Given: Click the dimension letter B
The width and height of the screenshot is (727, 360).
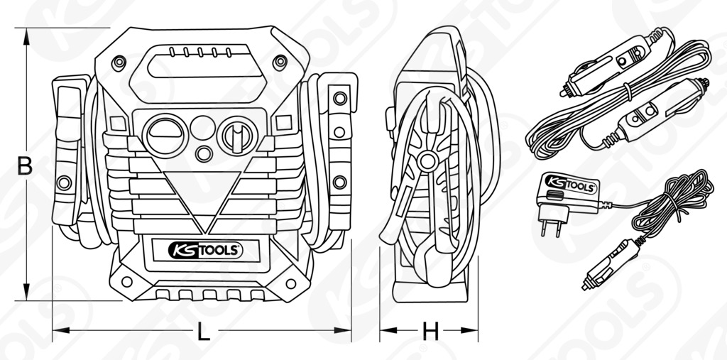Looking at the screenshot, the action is click(x=25, y=166).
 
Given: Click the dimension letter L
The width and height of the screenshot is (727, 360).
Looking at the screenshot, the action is click(x=204, y=331).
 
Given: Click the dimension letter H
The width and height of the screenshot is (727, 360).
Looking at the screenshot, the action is click(x=430, y=331).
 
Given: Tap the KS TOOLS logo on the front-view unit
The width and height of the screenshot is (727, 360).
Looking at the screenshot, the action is click(x=205, y=251).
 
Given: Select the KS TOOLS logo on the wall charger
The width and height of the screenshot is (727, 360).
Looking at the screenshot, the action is click(x=570, y=183).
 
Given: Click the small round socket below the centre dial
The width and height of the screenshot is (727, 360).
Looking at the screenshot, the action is click(x=204, y=153).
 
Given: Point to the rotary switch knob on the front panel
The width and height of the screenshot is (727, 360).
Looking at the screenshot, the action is click(x=237, y=136).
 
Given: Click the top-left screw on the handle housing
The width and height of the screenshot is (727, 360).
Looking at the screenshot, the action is click(x=119, y=62).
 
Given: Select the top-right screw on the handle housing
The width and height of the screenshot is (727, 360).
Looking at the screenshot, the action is click(x=280, y=62).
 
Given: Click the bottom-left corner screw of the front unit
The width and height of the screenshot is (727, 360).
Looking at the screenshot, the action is click(x=126, y=281).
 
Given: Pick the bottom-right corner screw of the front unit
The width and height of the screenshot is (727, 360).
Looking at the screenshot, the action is click(x=290, y=283).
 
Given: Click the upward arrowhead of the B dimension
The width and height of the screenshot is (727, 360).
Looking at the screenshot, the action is click(x=26, y=36).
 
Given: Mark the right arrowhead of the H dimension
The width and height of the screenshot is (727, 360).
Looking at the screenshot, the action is click(x=469, y=330).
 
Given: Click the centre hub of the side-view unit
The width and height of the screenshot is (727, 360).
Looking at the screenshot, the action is click(x=427, y=161).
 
